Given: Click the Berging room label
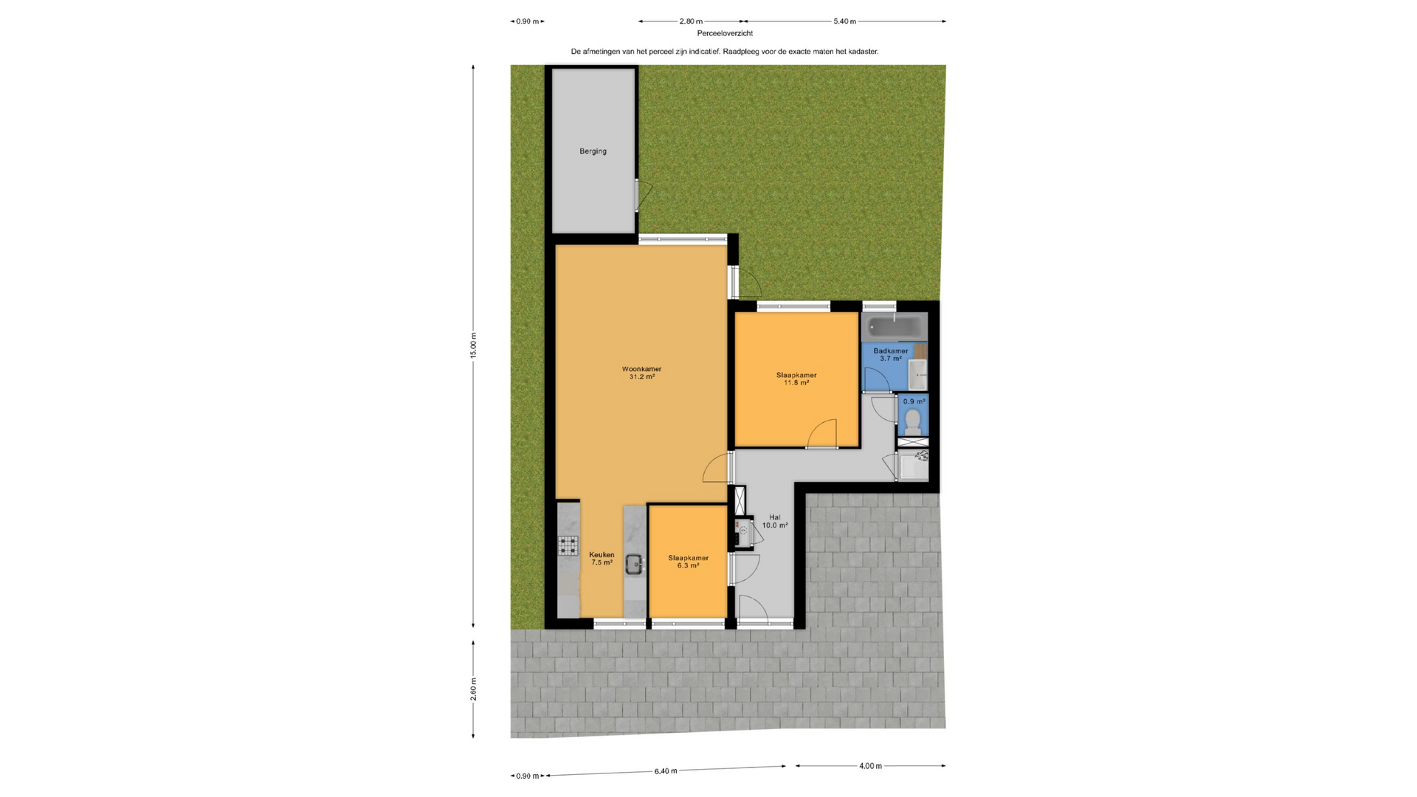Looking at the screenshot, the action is pos(593,151).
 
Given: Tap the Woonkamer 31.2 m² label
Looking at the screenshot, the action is pos(641,373).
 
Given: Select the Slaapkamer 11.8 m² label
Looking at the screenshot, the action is pos(796,379).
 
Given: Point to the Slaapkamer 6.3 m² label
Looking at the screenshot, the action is pos(688,562).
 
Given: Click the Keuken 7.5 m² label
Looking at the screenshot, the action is pos(601,559).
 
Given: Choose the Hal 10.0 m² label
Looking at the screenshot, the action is pos(775,521).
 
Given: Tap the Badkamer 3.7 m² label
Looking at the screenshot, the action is pos(891,355).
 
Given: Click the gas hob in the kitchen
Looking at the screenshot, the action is pos(568,545).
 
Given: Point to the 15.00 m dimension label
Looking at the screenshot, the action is pos(474,345).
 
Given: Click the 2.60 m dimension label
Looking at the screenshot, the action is pos(474,689).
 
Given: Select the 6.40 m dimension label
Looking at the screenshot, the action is pos(666,771).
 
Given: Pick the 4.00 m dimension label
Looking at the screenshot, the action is pos(871,766).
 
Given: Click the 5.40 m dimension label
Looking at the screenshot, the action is pos(845,21).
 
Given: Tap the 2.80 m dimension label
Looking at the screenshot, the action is pos(692,21).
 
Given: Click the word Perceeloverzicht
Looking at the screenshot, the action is pos(725,33).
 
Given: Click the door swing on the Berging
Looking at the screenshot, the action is pos(644,196).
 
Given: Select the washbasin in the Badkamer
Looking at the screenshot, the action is pos(917,375).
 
